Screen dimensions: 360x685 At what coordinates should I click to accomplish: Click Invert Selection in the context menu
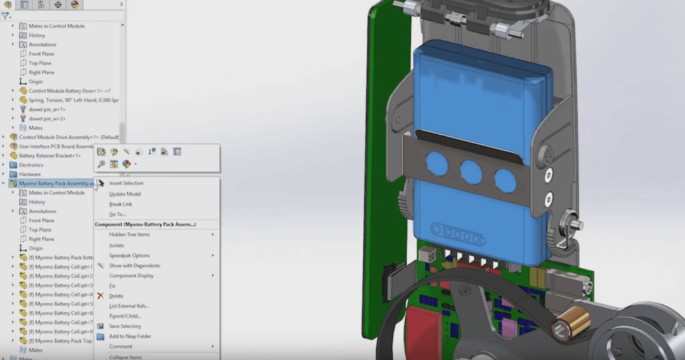(x=126, y=183)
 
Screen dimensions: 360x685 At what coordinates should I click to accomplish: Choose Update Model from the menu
(x=124, y=194)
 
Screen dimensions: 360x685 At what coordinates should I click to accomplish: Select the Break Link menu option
(x=120, y=204)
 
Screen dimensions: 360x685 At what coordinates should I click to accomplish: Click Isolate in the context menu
(x=116, y=246)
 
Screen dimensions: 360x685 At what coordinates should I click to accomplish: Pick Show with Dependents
(x=134, y=266)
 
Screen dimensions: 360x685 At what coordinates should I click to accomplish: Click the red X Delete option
(x=116, y=296)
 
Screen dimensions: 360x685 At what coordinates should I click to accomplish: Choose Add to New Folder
(x=130, y=336)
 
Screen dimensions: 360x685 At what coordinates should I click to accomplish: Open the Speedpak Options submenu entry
(x=129, y=256)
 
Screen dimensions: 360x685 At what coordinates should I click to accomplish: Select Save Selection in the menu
(x=124, y=326)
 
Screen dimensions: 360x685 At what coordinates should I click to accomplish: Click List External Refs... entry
(x=128, y=306)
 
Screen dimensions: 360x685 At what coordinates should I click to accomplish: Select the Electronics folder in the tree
(x=31, y=165)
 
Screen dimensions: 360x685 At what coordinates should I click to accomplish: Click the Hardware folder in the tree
(x=29, y=174)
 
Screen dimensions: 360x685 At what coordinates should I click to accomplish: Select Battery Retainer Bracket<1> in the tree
(x=50, y=156)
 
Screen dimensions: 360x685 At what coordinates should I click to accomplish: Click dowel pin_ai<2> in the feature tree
(x=47, y=118)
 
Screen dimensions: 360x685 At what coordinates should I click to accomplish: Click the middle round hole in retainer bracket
(x=471, y=173)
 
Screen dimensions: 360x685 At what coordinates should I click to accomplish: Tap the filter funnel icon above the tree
(x=5, y=16)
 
